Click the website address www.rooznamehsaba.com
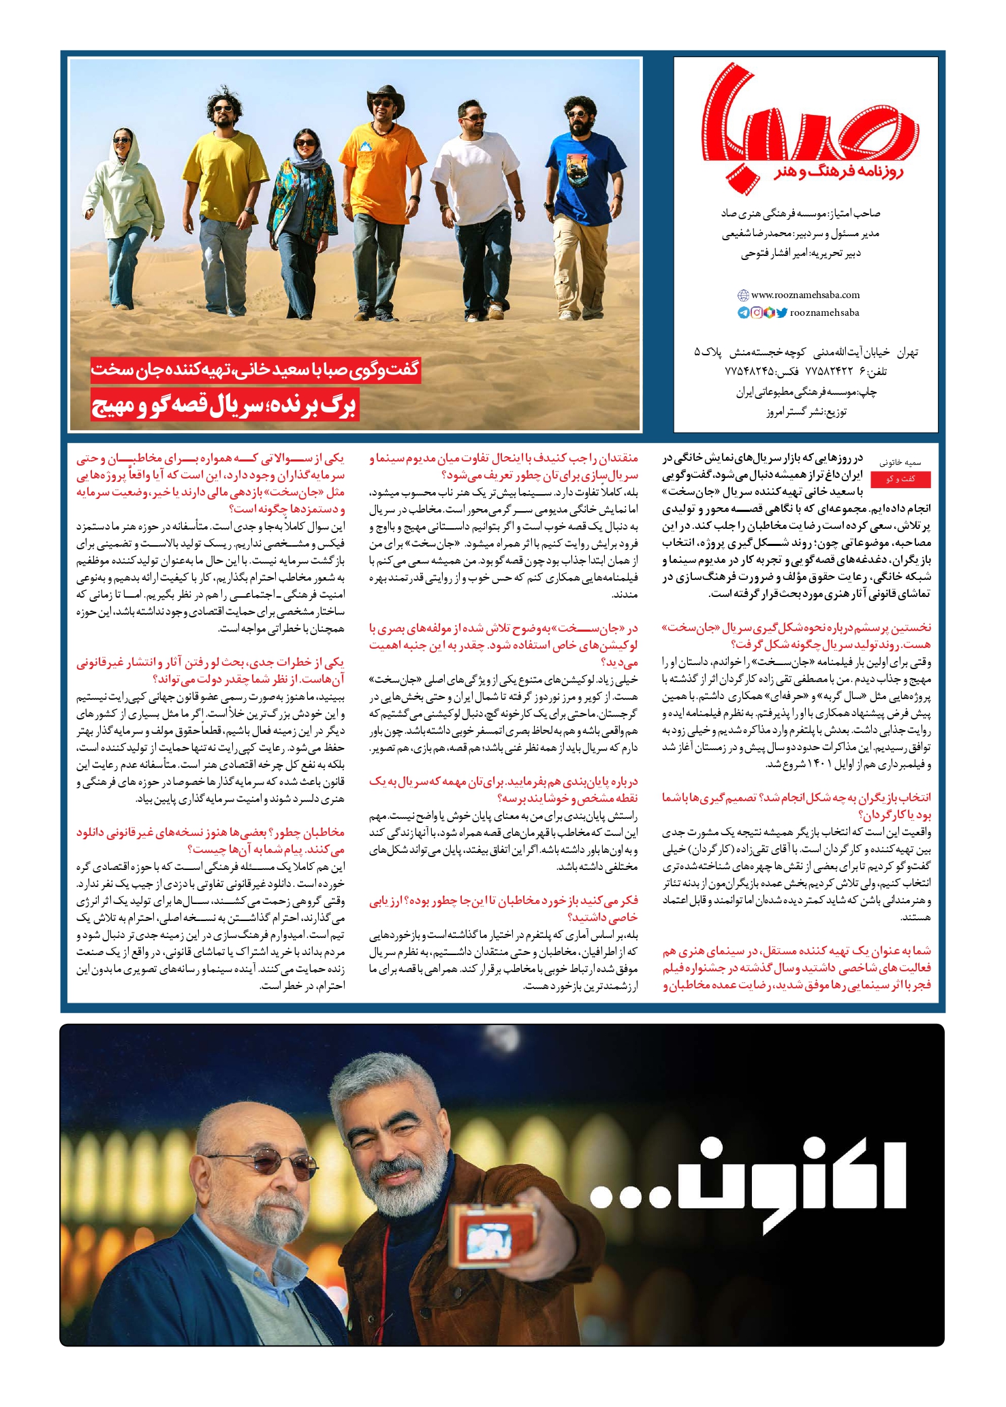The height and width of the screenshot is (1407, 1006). click(x=805, y=295)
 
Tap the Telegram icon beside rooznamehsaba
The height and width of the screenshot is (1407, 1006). click(x=743, y=313)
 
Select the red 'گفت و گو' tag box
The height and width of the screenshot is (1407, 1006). click(x=900, y=479)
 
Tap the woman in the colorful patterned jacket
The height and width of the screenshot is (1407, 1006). click(x=305, y=218)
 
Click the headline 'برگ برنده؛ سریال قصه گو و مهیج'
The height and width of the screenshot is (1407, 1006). click(x=224, y=406)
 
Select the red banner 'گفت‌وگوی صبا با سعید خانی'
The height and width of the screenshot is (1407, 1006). click(x=256, y=370)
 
